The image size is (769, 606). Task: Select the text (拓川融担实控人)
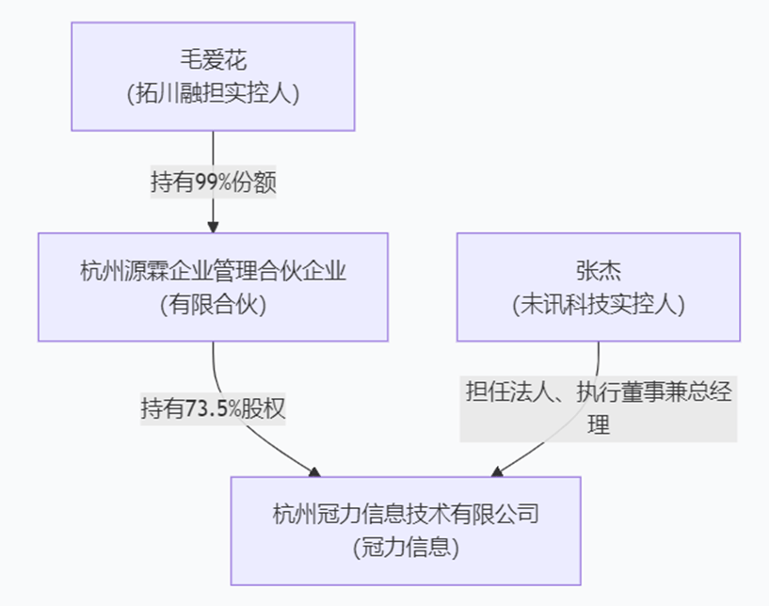(213, 92)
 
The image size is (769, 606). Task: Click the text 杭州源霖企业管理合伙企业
(214, 273)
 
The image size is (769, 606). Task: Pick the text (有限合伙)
(214, 304)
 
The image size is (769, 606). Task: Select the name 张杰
(599, 273)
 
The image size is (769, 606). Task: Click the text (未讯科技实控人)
(599, 304)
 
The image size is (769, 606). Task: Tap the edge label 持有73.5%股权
(213, 408)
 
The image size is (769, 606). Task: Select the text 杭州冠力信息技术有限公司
(406, 515)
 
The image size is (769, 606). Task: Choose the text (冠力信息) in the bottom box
(406, 546)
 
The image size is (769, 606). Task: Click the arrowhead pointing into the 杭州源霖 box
(213, 226)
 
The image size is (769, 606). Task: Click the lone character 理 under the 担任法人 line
(599, 424)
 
